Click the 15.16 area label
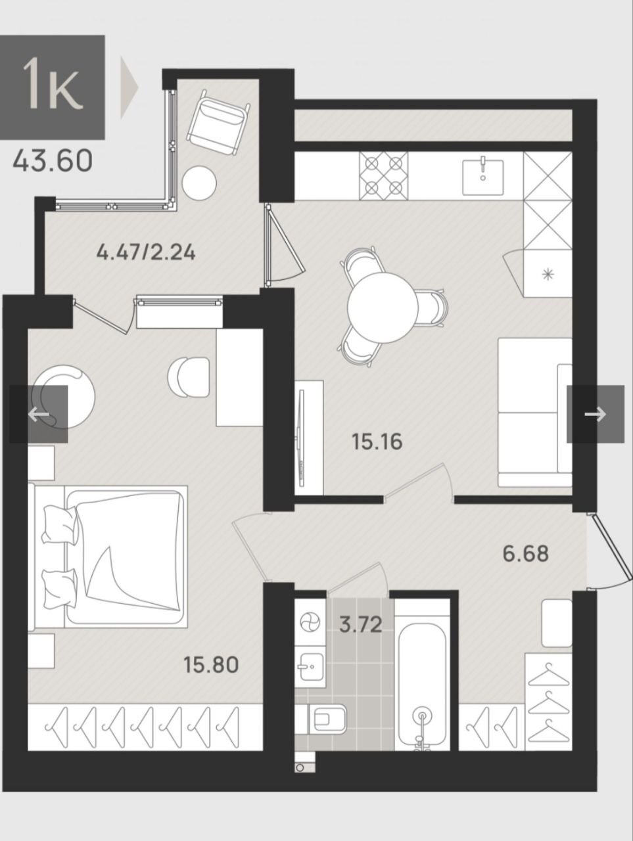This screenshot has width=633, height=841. point(377,442)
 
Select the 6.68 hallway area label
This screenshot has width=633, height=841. point(526,553)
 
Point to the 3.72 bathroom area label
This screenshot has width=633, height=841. point(361,625)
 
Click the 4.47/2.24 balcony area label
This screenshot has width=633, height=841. point(146,252)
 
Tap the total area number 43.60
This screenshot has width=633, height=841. point(53,161)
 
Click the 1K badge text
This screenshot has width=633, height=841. point(53,86)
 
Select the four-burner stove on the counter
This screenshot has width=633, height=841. point(384,175)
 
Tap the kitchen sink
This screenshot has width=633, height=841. point(482,177)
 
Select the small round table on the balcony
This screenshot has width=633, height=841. point(199,183)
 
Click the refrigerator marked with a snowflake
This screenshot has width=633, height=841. point(548,273)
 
